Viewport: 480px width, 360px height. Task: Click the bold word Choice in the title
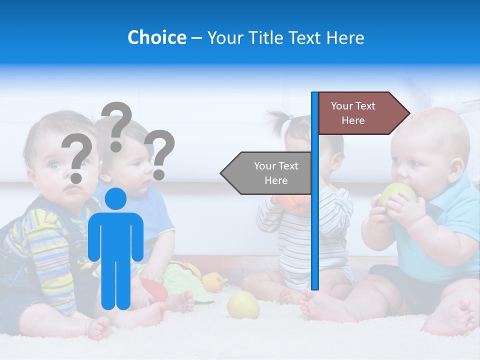[x=156, y=37]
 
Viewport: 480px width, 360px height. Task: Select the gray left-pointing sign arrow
[x=267, y=173]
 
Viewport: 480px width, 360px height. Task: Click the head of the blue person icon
[x=115, y=199]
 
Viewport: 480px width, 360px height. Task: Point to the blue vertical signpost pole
[x=315, y=200]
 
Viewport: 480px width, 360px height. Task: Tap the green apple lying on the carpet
[x=243, y=304]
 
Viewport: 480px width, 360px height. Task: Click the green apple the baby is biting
[x=395, y=195]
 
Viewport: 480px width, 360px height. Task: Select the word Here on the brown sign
[x=353, y=120]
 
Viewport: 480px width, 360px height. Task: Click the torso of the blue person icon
[x=115, y=235]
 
